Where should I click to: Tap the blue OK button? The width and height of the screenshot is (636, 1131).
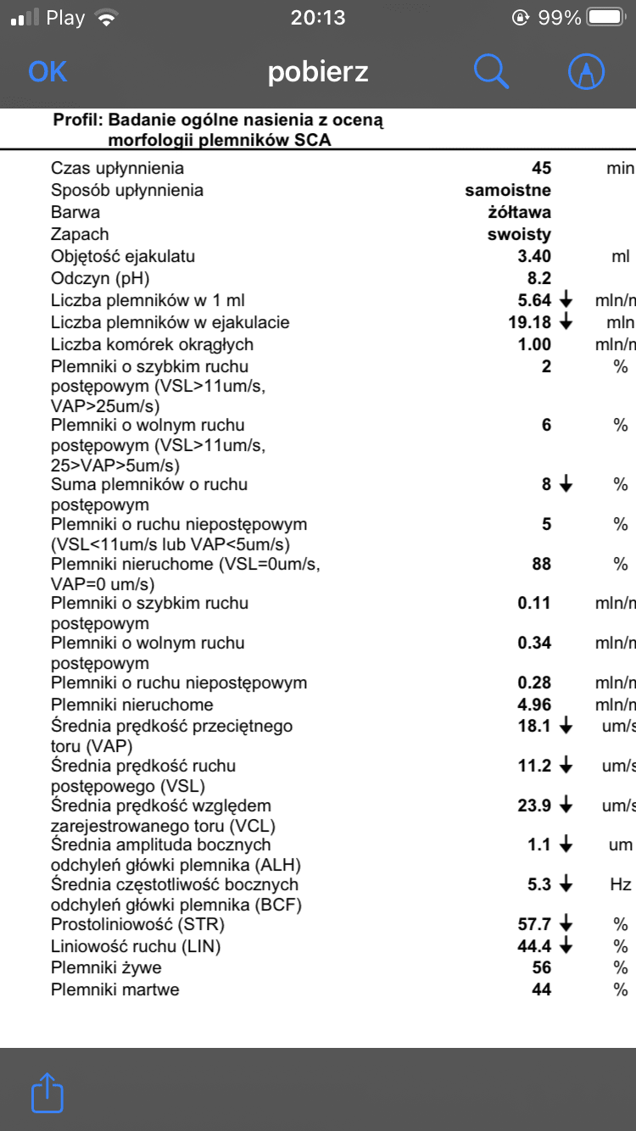[47, 72]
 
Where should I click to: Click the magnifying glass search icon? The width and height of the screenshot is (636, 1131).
[491, 72]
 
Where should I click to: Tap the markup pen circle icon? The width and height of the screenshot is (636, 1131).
[586, 72]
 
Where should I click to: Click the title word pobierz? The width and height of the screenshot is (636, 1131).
[318, 72]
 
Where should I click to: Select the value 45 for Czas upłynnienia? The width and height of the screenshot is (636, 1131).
[541, 168]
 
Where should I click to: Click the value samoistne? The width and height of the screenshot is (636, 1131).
[508, 190]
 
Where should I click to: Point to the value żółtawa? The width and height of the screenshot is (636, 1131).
[514, 212]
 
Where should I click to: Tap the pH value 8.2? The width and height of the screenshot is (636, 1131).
[539, 278]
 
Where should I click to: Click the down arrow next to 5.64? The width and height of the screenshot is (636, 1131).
[566, 300]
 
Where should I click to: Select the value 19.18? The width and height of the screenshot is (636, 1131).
[529, 322]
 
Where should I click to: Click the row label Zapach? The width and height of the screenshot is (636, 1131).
[80, 234]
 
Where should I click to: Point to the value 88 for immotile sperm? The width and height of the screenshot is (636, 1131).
[541, 564]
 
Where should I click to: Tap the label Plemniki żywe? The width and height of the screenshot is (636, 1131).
[106, 967]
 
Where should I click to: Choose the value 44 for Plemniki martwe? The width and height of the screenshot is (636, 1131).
[541, 989]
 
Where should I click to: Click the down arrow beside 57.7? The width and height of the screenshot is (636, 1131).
[566, 923]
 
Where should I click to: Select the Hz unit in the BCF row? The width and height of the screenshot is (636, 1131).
[621, 884]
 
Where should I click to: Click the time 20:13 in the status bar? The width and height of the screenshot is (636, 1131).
[318, 18]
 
